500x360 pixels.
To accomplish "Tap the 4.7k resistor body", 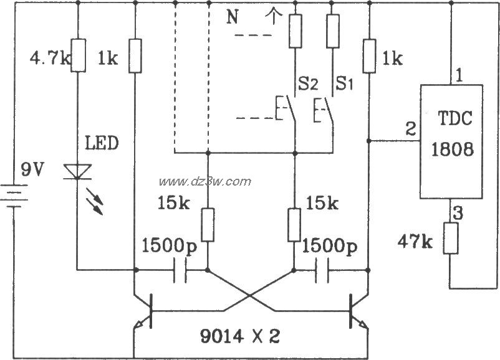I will point(77,54).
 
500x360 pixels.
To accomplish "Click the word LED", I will point(102,143).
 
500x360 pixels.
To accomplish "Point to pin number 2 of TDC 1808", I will point(410,130).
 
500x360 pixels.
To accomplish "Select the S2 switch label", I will point(308,82).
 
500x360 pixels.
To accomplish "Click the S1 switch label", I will point(344,82).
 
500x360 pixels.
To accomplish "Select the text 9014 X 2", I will point(240,337).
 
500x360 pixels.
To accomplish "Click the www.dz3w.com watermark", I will point(205,181).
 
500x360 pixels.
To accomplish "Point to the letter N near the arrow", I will point(232,17).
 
